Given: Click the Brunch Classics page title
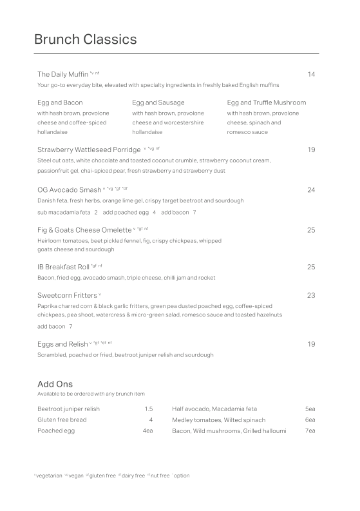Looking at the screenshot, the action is tap(85, 40).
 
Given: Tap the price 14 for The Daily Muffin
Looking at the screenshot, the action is tap(311, 75).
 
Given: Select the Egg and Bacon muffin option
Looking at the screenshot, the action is tap(60, 102).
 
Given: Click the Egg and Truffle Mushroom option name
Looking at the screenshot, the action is tap(267, 102).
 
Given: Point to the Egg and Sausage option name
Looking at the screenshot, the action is tap(158, 102).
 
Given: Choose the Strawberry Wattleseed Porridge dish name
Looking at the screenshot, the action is tap(89, 150).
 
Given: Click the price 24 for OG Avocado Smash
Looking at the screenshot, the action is tap(311, 190).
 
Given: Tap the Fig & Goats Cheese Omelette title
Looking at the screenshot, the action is tap(84, 230).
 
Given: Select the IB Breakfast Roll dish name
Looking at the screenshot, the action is tap(64, 267).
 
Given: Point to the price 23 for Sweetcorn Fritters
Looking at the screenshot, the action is tap(311, 296).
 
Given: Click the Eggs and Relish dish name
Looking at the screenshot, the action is tap(62, 344).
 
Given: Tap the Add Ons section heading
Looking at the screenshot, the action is tap(55, 384).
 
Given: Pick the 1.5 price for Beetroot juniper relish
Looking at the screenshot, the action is tap(148, 409).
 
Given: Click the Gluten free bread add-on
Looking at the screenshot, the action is tap(62, 420).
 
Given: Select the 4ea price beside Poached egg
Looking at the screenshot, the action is tap(147, 430).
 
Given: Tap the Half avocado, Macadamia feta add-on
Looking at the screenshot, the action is tap(214, 409).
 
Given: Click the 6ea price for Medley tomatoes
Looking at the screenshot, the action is tap(310, 420).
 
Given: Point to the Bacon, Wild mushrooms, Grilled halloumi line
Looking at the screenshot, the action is tap(229, 430).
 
